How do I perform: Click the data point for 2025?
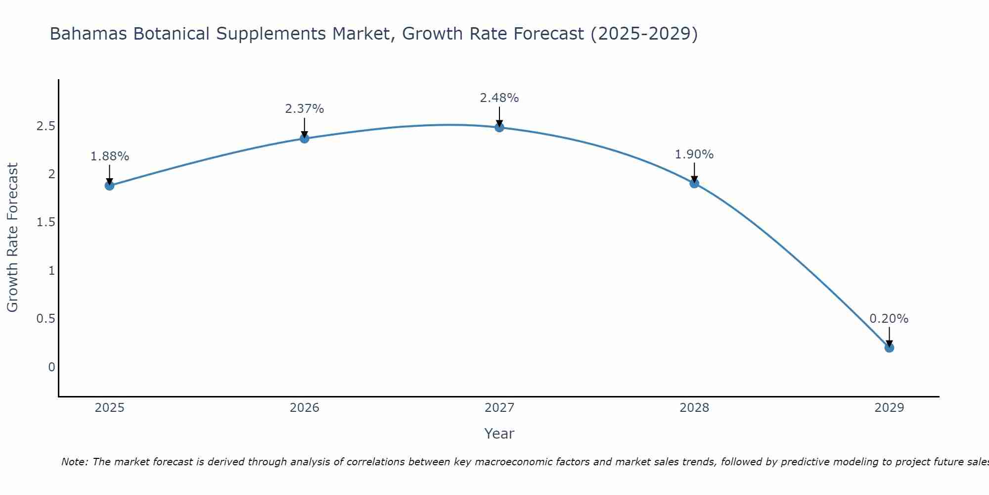pos(109,186)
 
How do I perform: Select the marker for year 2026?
pos(305,138)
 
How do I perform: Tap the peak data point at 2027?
pos(499,127)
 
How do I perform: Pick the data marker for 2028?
pos(694,184)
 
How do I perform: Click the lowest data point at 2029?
pos(889,347)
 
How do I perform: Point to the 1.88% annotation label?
pos(109,156)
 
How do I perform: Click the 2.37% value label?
pos(305,109)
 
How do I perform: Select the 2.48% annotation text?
pos(499,98)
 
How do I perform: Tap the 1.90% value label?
pos(694,154)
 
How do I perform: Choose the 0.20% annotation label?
pos(889,319)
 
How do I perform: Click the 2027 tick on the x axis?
pos(499,408)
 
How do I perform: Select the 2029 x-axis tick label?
pos(889,408)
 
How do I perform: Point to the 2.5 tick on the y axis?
pos(45,126)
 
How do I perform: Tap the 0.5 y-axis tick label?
pos(45,319)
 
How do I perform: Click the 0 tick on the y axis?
pos(51,367)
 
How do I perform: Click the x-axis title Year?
pos(499,434)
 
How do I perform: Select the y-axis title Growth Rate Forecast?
pos(12,238)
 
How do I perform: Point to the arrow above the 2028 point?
pos(694,172)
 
